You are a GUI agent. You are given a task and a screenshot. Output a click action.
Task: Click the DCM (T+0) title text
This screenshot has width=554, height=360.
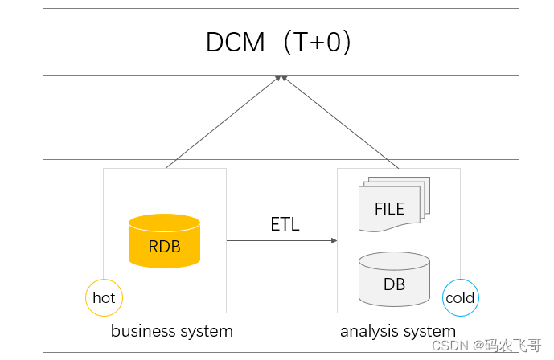pos(278,42)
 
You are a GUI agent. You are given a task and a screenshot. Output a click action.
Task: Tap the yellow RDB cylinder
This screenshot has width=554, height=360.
pos(164,241)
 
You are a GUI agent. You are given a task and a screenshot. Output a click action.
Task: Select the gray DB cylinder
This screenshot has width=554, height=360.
pos(394,279)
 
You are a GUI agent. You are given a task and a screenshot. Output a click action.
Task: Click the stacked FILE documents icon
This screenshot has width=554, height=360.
pos(394,204)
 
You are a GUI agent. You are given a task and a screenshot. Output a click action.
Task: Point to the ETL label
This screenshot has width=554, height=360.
pos(285,224)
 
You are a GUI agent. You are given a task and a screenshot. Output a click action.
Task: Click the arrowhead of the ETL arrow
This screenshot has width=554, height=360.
pos(334,241)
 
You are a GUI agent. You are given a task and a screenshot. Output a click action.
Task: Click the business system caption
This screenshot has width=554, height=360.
pos(172,331)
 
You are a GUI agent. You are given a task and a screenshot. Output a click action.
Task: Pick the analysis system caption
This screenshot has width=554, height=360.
pos(398,331)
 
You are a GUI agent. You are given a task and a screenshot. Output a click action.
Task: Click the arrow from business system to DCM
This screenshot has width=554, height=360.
pos(224,121)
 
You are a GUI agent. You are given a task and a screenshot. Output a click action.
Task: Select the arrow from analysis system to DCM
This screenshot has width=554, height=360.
pos(340,121)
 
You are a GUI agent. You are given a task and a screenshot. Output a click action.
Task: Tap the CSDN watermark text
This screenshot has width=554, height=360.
pos(486,346)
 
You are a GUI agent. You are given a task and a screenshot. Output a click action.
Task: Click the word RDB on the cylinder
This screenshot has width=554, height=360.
pos(164,247)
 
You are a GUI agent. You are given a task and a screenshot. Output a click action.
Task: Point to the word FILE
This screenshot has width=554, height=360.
pos(389,209)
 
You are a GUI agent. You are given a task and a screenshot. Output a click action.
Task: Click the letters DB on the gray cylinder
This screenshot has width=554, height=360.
pos(394,284)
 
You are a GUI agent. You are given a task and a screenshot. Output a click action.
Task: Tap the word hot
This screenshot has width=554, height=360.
pos(104,297)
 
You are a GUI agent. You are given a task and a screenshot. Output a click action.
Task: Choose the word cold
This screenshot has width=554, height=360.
pos(460,297)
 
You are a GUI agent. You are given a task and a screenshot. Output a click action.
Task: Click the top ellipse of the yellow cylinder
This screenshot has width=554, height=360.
pos(164,223)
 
